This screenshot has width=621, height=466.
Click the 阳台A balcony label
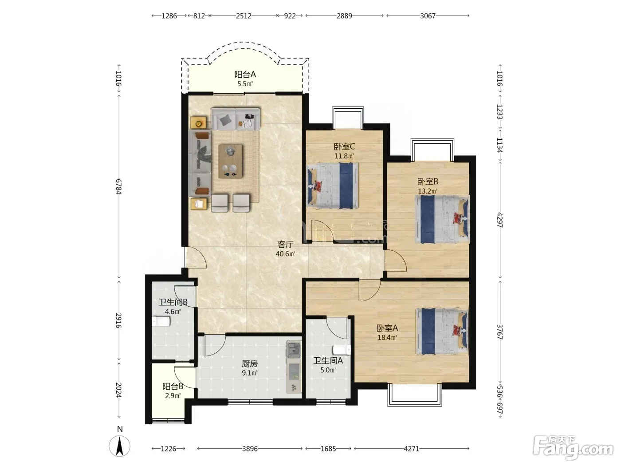[x=245, y=75]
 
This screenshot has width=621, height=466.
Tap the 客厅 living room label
[x=285, y=244]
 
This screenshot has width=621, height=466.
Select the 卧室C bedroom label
[x=344, y=146]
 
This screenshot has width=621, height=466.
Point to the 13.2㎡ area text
[x=428, y=191]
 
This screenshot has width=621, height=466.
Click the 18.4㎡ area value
[x=387, y=337]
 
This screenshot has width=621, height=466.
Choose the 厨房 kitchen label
[x=250, y=363]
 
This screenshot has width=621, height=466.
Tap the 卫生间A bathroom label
[x=328, y=360]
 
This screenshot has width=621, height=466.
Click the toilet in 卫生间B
[x=161, y=321]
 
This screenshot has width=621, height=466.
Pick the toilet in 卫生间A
[x=342, y=350]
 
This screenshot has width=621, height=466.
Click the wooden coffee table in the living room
[x=230, y=161]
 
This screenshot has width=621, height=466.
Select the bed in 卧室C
[x=332, y=186]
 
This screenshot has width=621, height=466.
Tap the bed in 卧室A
[x=442, y=332]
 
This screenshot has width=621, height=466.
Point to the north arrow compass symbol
[x=120, y=446]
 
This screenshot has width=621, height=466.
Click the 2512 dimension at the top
[x=244, y=16]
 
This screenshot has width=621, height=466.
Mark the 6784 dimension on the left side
[x=119, y=186]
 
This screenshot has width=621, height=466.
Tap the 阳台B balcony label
[x=173, y=386]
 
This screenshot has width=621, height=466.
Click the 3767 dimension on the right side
[x=500, y=332]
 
